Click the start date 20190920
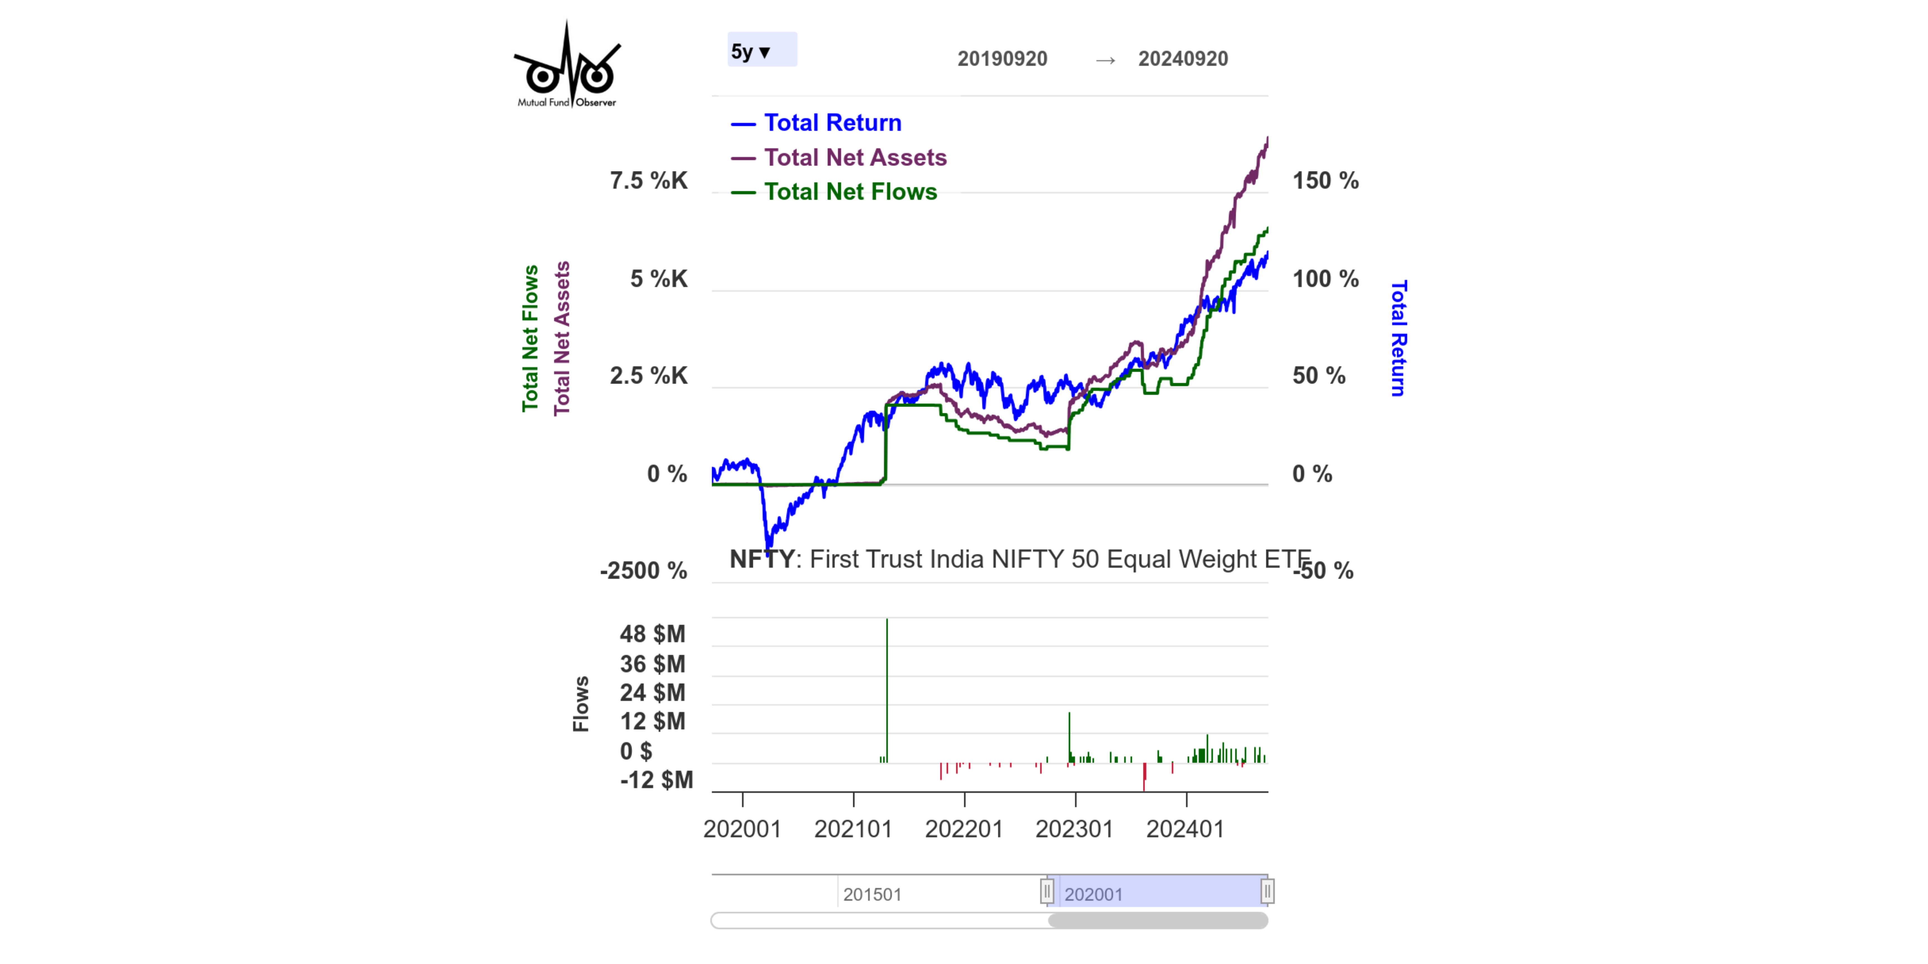(x=1002, y=58)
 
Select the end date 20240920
(x=1183, y=58)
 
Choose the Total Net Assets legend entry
(x=855, y=157)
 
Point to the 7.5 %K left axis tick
(x=648, y=180)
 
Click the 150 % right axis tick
(x=1325, y=180)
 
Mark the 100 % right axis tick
(x=1325, y=278)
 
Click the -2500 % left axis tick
(x=643, y=570)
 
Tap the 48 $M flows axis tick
(x=652, y=634)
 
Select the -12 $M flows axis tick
(x=656, y=780)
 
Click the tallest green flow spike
(x=887, y=674)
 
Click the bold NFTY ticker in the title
(x=761, y=559)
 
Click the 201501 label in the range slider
(x=872, y=894)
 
